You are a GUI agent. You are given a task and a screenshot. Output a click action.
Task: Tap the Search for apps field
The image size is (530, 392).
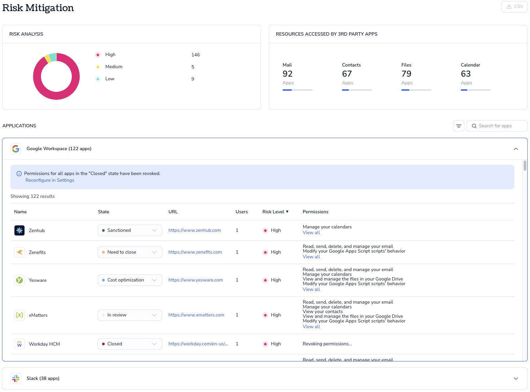(x=497, y=126)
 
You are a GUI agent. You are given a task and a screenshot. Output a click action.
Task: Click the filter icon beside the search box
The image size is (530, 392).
(x=459, y=126)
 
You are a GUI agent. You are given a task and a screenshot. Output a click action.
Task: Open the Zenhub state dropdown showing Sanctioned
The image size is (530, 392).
(x=130, y=230)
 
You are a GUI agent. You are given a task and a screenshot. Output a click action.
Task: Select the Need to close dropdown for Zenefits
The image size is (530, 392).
(x=130, y=252)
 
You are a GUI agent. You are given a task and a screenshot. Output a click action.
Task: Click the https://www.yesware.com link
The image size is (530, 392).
(x=195, y=280)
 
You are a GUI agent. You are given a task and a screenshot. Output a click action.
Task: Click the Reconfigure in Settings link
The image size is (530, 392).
(x=50, y=180)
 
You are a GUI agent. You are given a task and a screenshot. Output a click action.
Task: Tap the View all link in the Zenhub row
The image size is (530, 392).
(x=311, y=232)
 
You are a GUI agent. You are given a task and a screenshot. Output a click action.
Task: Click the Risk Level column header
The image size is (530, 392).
(x=275, y=212)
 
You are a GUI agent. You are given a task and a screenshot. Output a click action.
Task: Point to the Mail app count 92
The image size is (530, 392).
(x=287, y=74)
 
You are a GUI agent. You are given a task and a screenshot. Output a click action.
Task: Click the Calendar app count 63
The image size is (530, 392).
(x=466, y=74)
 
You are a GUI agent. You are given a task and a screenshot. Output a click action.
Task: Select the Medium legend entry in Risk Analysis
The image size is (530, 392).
(x=114, y=67)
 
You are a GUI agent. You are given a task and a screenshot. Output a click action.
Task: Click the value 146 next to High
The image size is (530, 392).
(x=195, y=55)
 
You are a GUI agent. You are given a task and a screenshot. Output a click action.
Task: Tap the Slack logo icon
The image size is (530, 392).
(x=16, y=378)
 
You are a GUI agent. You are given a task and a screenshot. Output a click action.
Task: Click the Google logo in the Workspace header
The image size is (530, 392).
(x=16, y=149)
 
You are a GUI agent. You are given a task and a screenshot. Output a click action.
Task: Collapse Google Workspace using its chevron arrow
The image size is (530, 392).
(x=516, y=149)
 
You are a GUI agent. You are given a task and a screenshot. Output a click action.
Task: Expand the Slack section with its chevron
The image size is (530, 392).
(x=516, y=378)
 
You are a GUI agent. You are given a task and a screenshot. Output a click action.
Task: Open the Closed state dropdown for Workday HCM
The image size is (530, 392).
(x=130, y=344)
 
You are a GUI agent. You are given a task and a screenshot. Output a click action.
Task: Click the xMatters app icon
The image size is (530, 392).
(x=19, y=315)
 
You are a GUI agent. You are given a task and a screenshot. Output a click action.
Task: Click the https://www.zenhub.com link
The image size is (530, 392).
(x=194, y=230)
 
